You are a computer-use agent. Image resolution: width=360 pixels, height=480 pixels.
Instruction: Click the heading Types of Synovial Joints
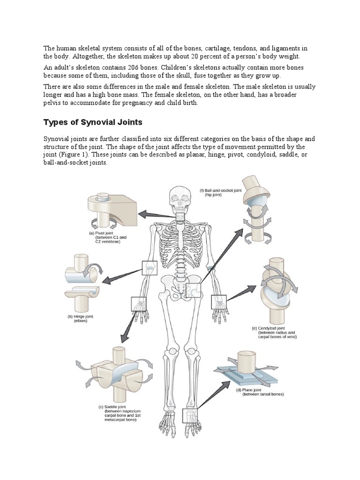[92, 122]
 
